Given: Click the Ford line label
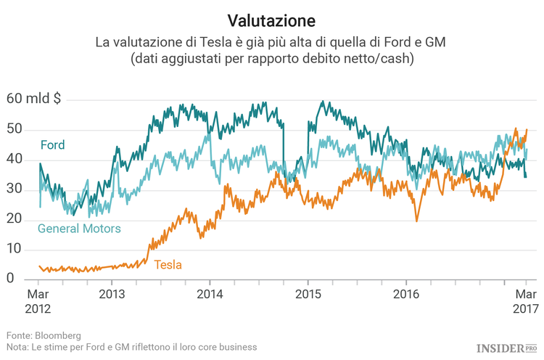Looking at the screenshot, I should coord(52,145).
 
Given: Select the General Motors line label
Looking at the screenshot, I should coord(79,229).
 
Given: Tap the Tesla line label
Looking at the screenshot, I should coord(168,265).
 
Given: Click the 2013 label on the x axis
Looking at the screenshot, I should coord(112,295).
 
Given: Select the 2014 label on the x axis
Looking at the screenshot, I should coord(210,295).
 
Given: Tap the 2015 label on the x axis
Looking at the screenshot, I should coord(308,295).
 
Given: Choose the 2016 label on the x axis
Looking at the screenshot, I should coord(405,295).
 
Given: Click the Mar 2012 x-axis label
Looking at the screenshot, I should coord(38,301).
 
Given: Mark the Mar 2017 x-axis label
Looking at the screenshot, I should coord(526,301).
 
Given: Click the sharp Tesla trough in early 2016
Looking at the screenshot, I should coord(416,221).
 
